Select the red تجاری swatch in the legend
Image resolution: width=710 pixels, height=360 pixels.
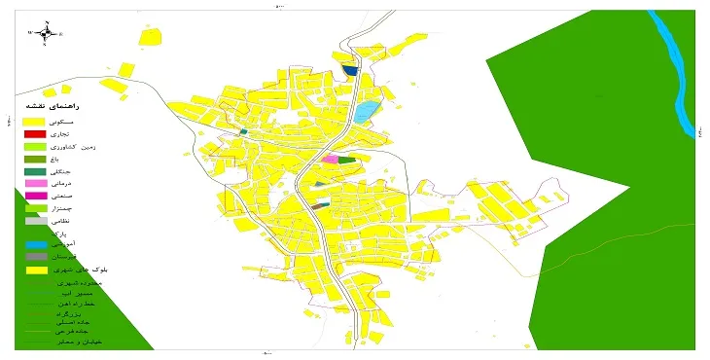(x=35, y=133)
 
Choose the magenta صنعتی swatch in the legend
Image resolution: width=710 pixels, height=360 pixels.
(x=35, y=196)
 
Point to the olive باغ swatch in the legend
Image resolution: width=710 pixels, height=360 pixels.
(x=35, y=159)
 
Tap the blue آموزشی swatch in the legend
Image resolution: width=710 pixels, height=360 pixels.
(x=35, y=244)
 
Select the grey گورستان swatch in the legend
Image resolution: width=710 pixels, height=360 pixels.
(x=35, y=257)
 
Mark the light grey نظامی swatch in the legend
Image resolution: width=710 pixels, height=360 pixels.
(x=35, y=221)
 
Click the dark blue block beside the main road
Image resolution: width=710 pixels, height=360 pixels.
(x=350, y=70)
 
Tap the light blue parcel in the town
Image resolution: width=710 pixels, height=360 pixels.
(x=365, y=111)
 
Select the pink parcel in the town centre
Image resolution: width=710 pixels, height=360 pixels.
(x=330, y=159)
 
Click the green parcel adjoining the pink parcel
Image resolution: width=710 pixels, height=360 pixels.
(x=346, y=160)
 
